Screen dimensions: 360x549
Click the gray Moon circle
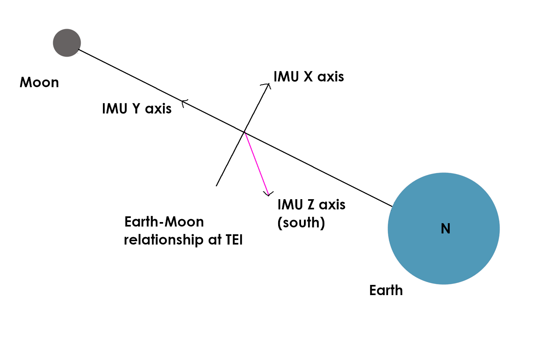tap(67, 43)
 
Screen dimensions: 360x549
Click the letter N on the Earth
tap(445, 229)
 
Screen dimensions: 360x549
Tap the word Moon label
tap(39, 83)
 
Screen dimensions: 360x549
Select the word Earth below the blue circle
tap(386, 291)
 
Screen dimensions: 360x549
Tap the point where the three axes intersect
tap(244, 132)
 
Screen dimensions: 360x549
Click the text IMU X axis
tap(309, 77)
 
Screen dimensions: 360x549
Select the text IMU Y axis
tap(137, 109)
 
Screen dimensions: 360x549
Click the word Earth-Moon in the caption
tap(164, 222)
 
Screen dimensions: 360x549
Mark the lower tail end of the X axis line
tap(216, 186)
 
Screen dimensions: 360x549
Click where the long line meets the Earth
tap(392, 206)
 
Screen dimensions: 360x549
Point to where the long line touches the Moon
tap(79, 50)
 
